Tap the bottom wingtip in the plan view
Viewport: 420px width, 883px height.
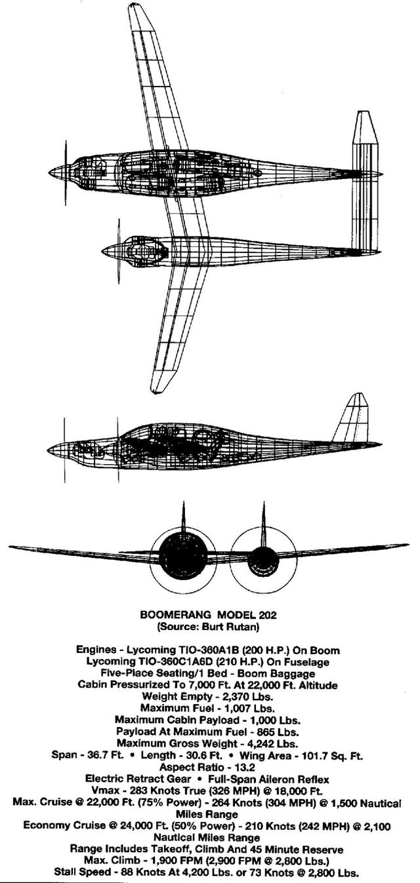coord(156,391)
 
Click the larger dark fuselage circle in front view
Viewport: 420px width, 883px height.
coord(182,553)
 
